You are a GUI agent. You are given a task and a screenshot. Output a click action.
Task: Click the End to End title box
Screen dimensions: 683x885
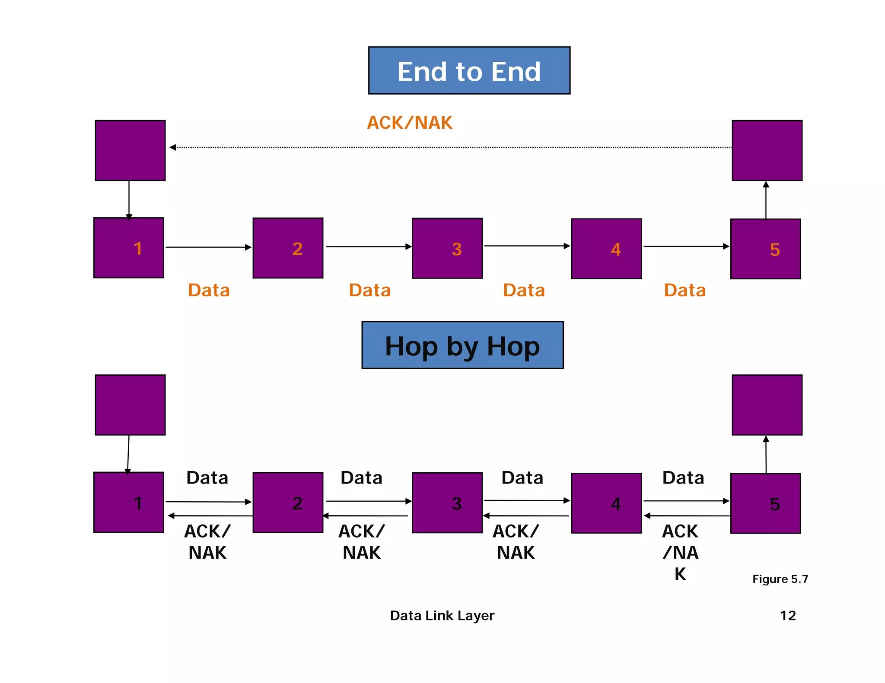click(x=469, y=70)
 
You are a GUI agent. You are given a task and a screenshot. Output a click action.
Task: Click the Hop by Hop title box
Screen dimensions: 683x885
click(x=462, y=345)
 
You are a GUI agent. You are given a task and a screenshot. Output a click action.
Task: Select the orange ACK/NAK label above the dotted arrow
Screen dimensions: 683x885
click(x=409, y=123)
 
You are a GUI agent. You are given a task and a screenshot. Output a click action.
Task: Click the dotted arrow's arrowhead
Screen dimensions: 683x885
click(x=173, y=148)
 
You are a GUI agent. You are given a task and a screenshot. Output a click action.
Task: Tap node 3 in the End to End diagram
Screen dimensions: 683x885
click(x=447, y=248)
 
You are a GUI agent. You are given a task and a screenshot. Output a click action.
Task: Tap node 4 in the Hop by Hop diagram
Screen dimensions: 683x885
click(x=606, y=503)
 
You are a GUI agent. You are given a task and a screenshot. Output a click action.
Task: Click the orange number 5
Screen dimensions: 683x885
click(x=774, y=250)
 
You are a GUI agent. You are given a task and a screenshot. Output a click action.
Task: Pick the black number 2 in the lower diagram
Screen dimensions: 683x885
click(x=297, y=503)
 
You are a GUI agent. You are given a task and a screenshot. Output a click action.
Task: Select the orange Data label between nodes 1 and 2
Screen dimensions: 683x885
click(x=209, y=290)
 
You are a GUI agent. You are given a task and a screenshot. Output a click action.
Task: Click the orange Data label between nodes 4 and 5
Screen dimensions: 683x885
click(x=684, y=290)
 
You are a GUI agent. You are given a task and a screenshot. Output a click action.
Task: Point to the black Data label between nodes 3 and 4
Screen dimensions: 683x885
click(x=522, y=478)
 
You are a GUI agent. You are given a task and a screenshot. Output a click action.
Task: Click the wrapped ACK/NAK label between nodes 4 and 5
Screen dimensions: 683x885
click(x=680, y=552)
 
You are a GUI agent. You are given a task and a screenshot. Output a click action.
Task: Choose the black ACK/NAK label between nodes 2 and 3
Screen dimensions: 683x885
click(x=361, y=542)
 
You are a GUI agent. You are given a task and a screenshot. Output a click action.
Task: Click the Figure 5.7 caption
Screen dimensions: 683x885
click(x=780, y=579)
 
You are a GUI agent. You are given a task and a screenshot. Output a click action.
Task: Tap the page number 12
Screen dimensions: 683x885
click(x=787, y=615)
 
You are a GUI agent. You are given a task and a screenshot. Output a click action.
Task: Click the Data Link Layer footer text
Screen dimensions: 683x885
click(x=442, y=615)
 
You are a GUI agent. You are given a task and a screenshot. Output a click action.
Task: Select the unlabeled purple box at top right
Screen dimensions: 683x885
click(x=767, y=150)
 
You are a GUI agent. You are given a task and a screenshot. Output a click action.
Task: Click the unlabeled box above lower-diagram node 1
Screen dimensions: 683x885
click(x=130, y=405)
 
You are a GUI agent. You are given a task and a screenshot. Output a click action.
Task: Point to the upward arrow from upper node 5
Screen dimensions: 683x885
click(x=766, y=201)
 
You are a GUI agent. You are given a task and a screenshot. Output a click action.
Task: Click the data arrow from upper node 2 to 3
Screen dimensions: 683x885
click(x=367, y=247)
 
